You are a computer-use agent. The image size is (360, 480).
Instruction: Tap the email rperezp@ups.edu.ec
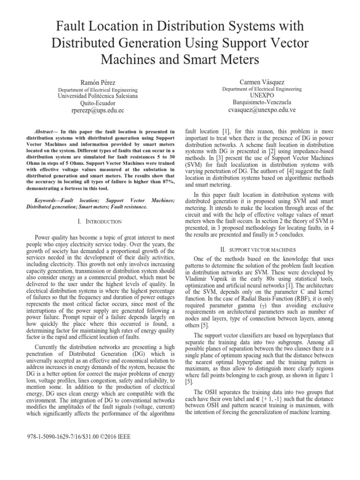click(x=97, y=111)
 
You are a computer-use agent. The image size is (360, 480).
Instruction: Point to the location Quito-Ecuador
click(x=97, y=103)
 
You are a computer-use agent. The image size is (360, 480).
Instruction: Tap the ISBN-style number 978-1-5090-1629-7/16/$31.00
click(x=63, y=436)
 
